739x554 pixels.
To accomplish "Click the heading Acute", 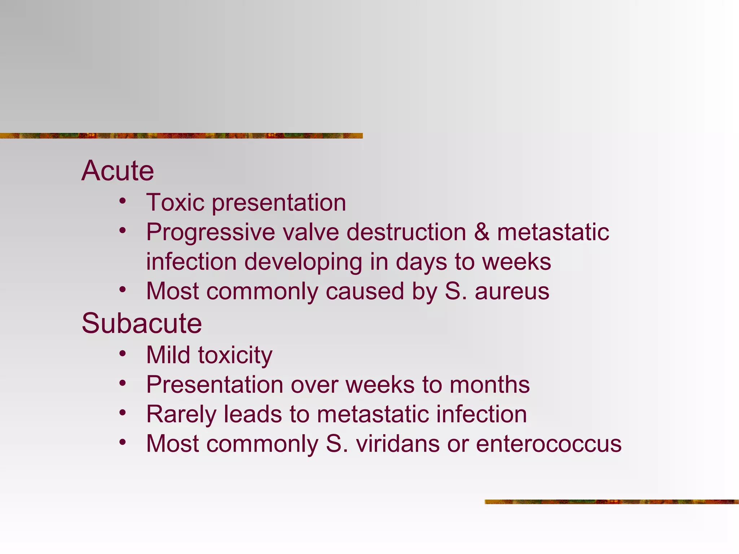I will (118, 171).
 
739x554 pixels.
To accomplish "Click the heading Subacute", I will (141, 324).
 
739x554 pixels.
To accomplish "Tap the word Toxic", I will (175, 202).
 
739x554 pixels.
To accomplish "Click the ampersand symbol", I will (482, 232).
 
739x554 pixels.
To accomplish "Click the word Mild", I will (168, 355).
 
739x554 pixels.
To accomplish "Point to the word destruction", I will (406, 232).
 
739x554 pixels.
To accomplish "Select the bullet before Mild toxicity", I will (123, 353).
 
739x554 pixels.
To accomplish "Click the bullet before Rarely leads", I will (123, 413).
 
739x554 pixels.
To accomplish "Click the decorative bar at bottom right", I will (611, 502).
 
